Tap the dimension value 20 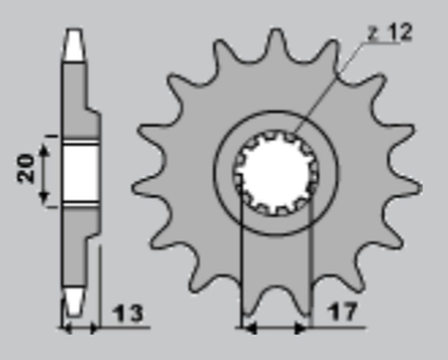click(x=27, y=168)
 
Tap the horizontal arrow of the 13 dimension click(x=80, y=328)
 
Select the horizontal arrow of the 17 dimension click(x=274, y=328)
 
